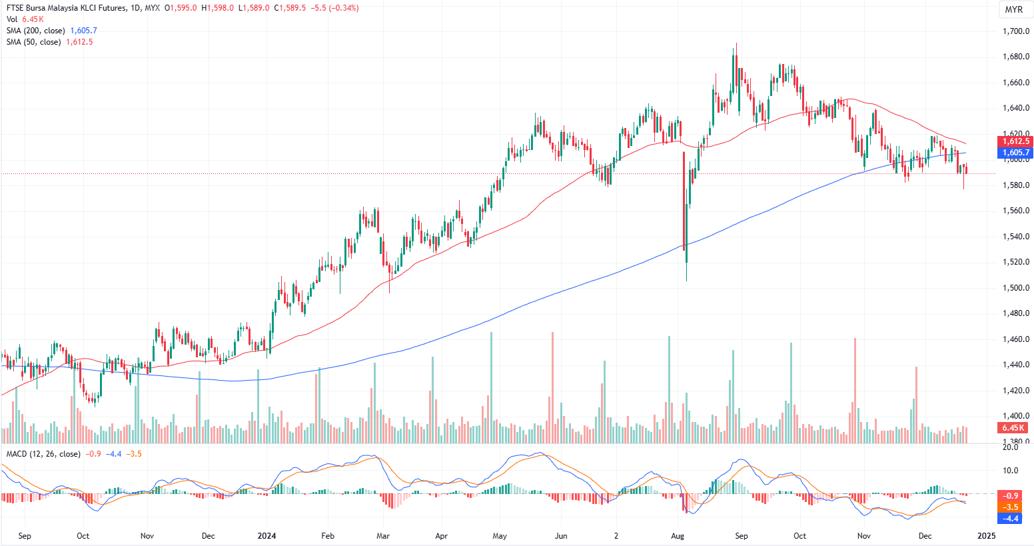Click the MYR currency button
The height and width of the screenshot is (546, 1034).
1013,9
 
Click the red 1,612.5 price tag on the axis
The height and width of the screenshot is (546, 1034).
1016,141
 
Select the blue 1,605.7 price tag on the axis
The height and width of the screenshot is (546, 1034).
1016,153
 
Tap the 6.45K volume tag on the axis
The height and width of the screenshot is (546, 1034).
1013,427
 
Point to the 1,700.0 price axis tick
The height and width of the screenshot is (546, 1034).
1017,31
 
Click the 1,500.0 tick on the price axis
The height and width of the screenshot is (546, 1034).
1017,288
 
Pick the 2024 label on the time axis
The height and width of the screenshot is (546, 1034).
266,535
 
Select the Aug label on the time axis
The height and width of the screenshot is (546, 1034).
678,535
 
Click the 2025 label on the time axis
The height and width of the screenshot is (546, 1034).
986,535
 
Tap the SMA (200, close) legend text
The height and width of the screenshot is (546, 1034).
36,31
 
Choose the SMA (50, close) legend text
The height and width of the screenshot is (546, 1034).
33,42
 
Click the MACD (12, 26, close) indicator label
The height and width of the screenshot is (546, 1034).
43,454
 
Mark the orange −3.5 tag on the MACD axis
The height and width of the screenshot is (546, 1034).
1011,507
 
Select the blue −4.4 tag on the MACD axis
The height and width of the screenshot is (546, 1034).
1011,518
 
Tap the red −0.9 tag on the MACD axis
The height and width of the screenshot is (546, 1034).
1011,496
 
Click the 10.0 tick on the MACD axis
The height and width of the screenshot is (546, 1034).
1011,470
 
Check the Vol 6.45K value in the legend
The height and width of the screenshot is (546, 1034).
33,19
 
